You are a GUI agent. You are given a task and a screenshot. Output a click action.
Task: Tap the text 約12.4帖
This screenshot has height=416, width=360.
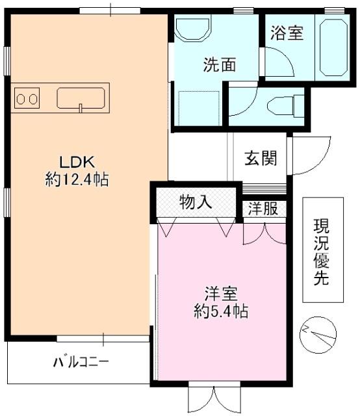77,179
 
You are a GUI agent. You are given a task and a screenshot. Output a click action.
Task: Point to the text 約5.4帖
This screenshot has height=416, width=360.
220,311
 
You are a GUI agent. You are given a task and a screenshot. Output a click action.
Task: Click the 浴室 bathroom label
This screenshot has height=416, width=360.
286,32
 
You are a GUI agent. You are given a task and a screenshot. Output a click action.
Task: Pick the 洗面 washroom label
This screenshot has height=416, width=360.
218,65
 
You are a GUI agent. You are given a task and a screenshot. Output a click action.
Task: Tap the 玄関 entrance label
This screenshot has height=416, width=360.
261,158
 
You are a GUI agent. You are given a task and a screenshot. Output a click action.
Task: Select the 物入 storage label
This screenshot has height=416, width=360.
196,201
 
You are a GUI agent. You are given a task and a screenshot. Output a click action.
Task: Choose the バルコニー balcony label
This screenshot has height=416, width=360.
81,361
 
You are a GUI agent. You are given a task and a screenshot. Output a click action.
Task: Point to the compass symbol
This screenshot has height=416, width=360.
318,334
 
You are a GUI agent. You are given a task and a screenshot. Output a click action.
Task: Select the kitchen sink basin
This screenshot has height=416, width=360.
81,98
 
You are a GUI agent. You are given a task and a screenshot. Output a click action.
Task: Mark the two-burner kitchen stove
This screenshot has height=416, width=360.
27,99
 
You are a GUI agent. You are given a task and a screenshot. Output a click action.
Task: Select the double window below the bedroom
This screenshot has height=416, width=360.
213,396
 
